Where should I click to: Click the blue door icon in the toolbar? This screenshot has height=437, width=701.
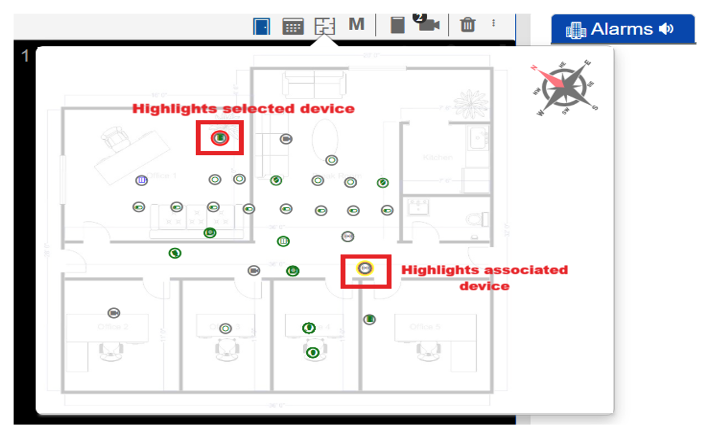click(x=262, y=26)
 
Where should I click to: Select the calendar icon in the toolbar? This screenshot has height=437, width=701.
click(x=293, y=26)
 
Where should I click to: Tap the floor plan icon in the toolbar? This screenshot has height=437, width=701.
click(x=325, y=26)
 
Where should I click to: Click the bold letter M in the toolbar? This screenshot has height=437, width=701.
click(x=356, y=24)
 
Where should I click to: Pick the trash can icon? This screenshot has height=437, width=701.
click(x=468, y=25)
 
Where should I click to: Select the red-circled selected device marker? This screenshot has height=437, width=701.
click(x=219, y=138)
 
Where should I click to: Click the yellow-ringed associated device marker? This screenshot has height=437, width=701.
click(x=365, y=268)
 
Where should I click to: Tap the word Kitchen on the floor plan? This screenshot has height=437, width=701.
click(x=438, y=157)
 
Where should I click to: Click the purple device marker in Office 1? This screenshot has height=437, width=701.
click(x=141, y=181)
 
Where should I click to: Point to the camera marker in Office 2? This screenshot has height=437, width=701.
click(x=114, y=312)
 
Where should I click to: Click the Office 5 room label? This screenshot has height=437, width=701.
click(x=421, y=327)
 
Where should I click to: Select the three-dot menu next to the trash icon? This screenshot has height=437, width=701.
click(x=494, y=23)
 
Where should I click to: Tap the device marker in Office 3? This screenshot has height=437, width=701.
click(x=226, y=328)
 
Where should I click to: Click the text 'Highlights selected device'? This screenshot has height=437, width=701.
click(x=243, y=109)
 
